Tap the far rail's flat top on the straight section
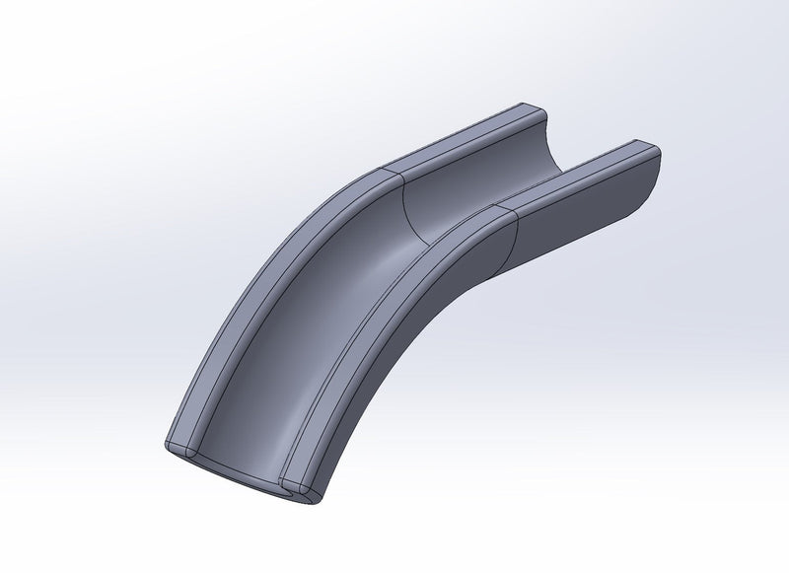pos(464,137)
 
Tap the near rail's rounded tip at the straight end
pos(652,151)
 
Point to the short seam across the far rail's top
pos(390,173)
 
